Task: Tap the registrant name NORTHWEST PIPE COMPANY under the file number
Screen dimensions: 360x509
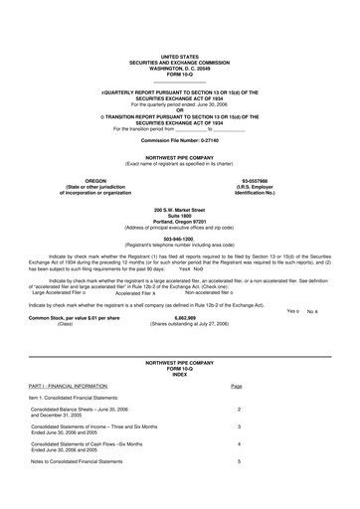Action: (x=179, y=158)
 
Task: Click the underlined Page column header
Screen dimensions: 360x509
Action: (x=236, y=385)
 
